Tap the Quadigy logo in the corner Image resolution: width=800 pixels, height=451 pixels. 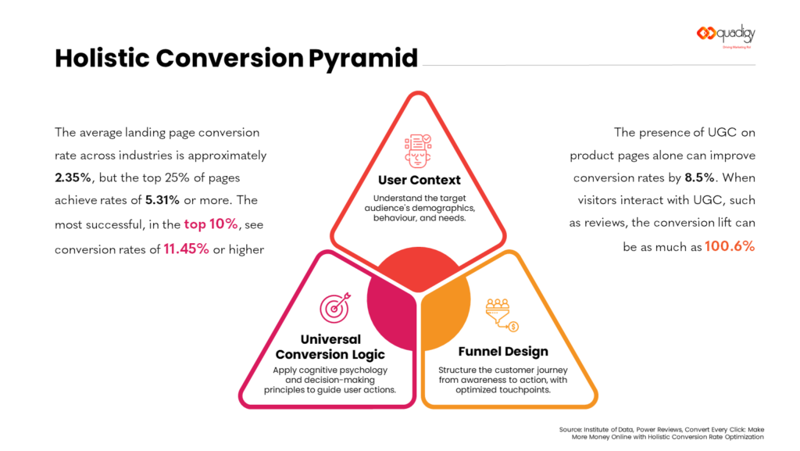coord(726,35)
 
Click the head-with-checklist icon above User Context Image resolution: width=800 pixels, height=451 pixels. coord(417,151)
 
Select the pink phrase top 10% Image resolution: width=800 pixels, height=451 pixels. coord(210,224)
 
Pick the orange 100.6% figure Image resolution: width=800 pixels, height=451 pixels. coord(730,246)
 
